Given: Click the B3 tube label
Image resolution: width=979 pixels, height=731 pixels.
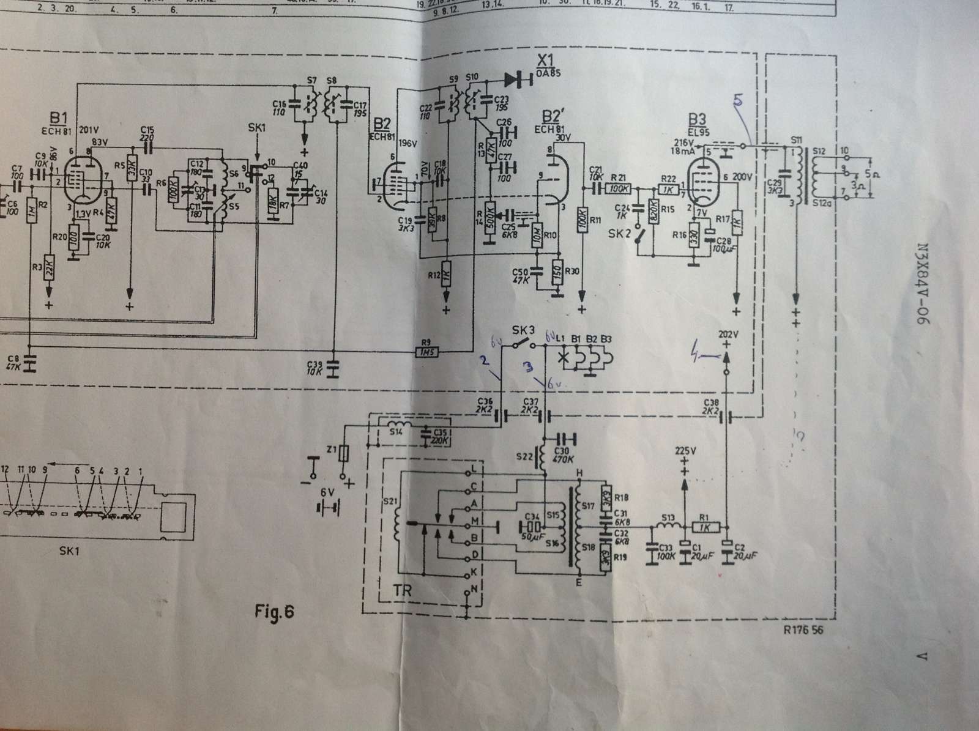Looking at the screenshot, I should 696,119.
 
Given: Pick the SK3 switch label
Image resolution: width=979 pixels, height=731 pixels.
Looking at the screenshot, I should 524,330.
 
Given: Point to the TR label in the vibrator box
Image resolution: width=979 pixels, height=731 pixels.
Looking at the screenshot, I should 404,592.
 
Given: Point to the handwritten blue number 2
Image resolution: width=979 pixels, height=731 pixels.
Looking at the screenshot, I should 484,362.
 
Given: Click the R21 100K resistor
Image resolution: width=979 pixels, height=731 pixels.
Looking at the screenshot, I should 620,189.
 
